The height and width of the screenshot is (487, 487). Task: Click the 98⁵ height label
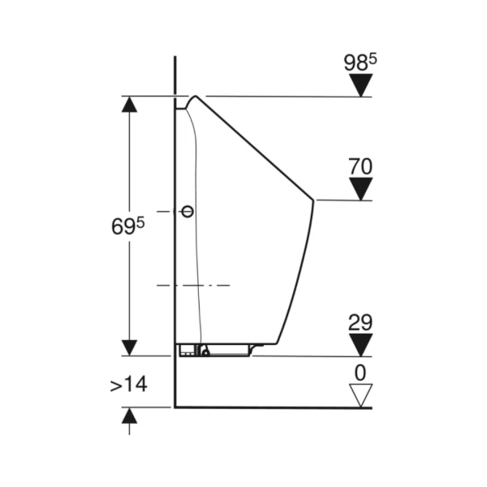(360, 62)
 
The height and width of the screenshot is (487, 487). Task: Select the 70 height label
(360, 166)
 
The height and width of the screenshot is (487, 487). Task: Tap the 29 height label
(360, 322)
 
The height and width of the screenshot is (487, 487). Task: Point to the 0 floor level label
(360, 373)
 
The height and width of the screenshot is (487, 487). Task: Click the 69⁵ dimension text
(128, 226)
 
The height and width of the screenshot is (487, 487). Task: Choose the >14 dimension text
(128, 384)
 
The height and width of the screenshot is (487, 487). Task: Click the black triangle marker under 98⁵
(360, 85)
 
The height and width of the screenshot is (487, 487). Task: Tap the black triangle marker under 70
(360, 189)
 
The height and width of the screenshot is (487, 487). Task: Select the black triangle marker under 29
(360, 345)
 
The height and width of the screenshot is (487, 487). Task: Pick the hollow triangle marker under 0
(360, 395)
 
